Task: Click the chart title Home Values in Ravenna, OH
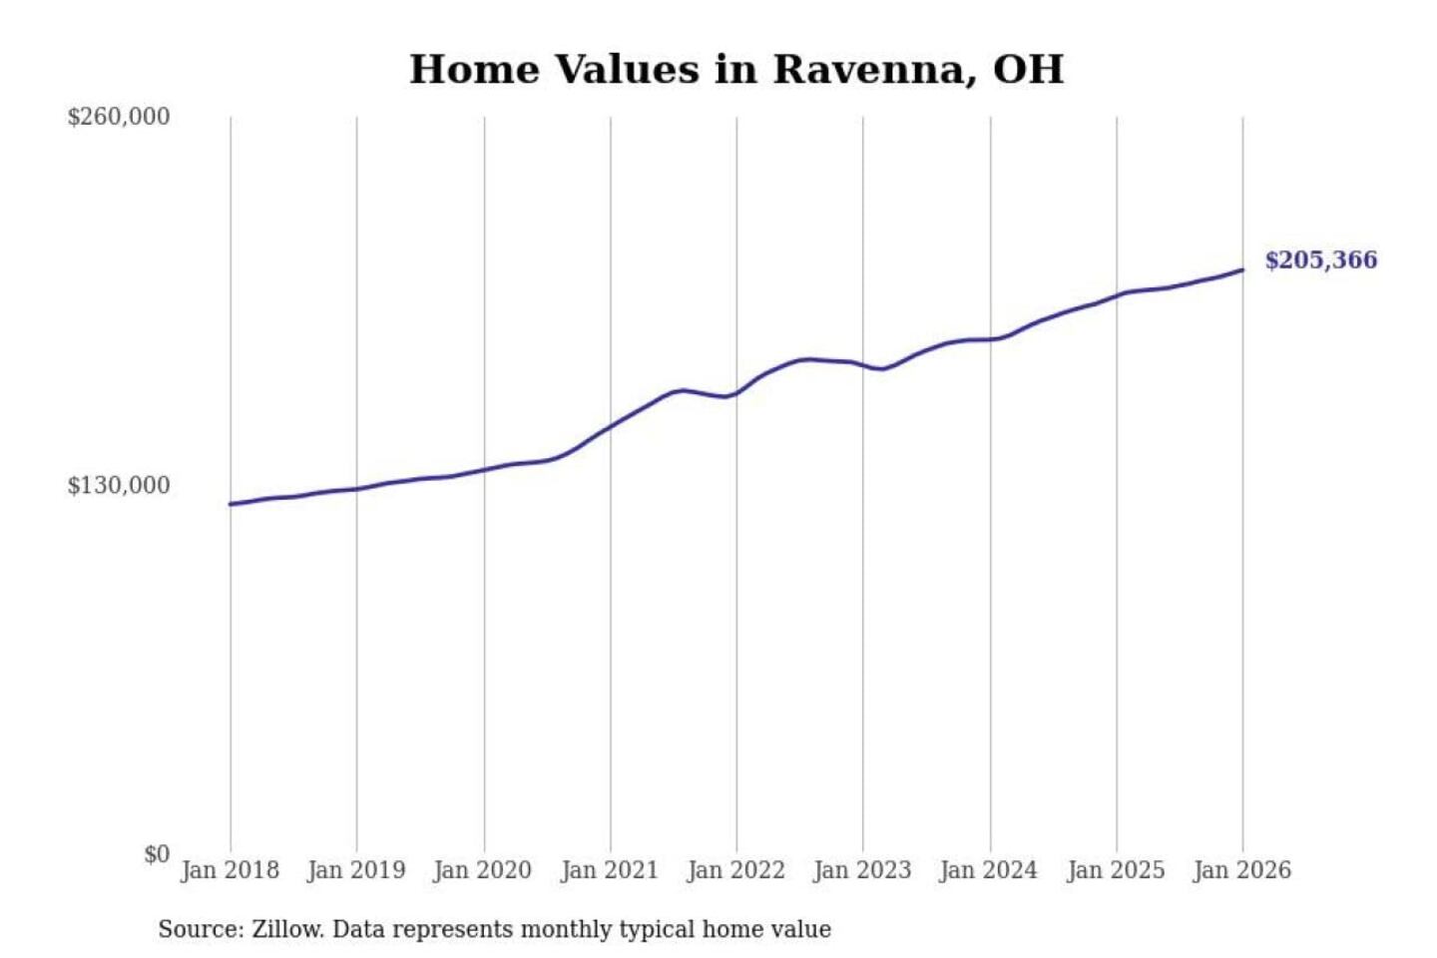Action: (x=736, y=70)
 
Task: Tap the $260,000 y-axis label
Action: (x=119, y=117)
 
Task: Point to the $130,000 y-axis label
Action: (x=119, y=486)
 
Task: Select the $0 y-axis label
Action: (x=157, y=854)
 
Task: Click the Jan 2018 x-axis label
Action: (x=230, y=870)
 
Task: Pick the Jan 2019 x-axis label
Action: (x=356, y=870)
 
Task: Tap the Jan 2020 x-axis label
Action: (x=483, y=870)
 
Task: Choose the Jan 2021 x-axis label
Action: (x=610, y=870)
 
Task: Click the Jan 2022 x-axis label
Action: (x=736, y=870)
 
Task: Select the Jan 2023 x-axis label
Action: (x=863, y=870)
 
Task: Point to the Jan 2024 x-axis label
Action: (x=989, y=870)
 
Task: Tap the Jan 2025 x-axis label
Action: (x=1116, y=870)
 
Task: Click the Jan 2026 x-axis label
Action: (x=1242, y=870)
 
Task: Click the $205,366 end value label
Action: (x=1320, y=260)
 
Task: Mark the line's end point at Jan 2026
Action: (x=1242, y=269)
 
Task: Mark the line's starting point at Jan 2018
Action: (x=231, y=504)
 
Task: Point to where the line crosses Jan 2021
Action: (x=611, y=424)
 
